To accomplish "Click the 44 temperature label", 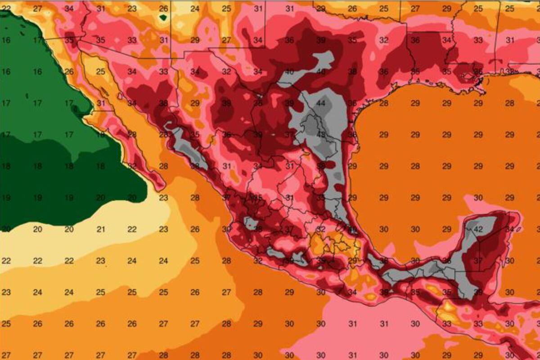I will tap(321, 103).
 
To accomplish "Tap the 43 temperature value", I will tap(321, 135).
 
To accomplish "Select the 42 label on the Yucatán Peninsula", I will tap(478, 229).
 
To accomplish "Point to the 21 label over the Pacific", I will tap(100, 229).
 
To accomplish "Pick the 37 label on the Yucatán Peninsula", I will tap(478, 261).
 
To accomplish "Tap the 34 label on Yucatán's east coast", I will tap(509, 229).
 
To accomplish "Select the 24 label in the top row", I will tap(195, 9).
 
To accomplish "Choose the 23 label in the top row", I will tap(132, 9).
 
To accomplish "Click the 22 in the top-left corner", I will tap(6, 9).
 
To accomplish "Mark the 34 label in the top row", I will tap(69, 9).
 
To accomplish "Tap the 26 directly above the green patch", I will tap(163, 9).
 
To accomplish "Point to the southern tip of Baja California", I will tap(160, 187).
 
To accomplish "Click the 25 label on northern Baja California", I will tap(100, 72).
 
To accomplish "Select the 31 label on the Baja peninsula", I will tap(100, 103).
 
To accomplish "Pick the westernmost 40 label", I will tap(289, 72).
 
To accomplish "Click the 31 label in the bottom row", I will tap(352, 355).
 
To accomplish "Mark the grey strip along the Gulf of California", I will tap(189, 148).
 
